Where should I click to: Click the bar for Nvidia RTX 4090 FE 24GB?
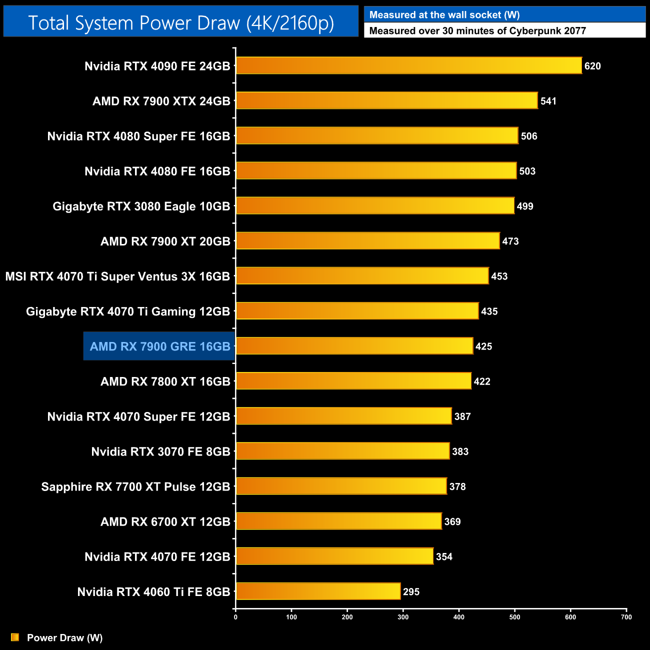click(x=409, y=65)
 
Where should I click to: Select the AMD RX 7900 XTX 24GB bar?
click(x=387, y=100)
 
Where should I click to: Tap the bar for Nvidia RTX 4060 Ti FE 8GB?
click(x=318, y=591)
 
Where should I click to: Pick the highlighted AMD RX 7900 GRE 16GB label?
click(x=159, y=346)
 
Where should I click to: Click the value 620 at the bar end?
click(x=592, y=66)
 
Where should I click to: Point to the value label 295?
click(x=411, y=591)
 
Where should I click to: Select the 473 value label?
click(x=510, y=241)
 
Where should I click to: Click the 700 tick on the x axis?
click(x=626, y=616)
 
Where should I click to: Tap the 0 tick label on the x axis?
click(x=235, y=616)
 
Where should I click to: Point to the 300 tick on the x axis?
click(x=403, y=616)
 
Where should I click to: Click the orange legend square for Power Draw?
click(x=15, y=637)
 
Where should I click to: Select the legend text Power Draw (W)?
click(x=64, y=637)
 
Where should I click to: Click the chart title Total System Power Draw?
click(x=181, y=22)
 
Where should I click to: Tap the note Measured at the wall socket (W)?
click(x=444, y=15)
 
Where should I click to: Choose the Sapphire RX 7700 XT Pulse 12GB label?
click(x=135, y=486)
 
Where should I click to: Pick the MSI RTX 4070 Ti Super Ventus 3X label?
click(x=117, y=276)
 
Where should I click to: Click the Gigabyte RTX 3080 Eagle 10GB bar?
click(x=375, y=205)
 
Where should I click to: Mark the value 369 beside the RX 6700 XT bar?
click(x=452, y=521)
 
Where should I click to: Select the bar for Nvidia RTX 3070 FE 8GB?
click(x=342, y=451)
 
